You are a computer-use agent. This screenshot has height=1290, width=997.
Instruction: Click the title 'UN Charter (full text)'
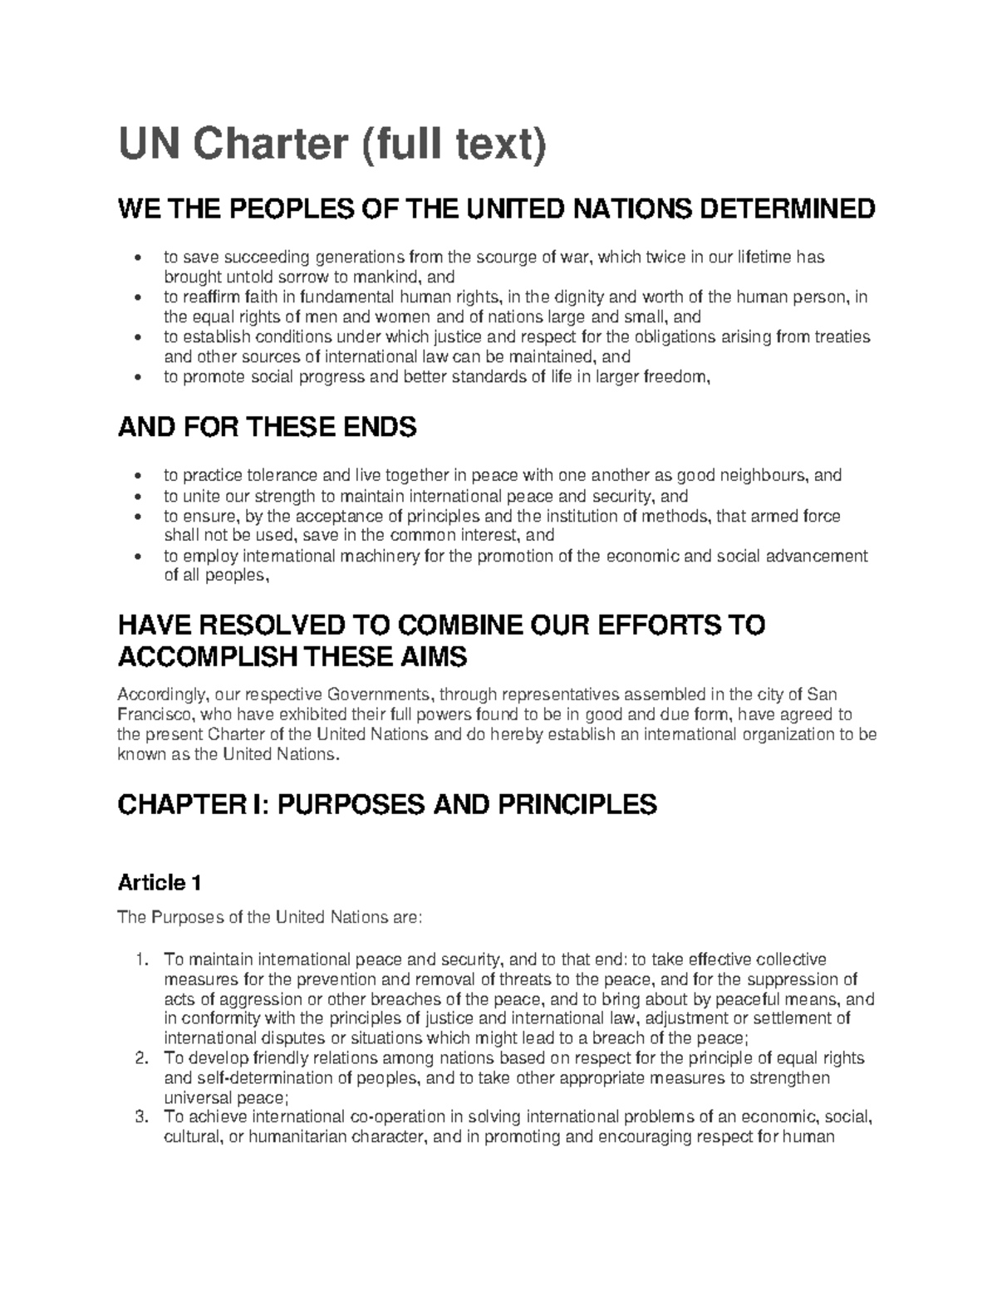(332, 147)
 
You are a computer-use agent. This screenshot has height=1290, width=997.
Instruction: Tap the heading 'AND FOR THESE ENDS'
(267, 428)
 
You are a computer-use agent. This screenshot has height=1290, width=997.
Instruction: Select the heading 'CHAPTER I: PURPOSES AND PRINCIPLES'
(387, 804)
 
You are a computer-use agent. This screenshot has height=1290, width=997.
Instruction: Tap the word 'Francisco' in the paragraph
(155, 714)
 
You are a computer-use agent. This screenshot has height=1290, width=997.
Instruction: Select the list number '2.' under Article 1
(141, 1058)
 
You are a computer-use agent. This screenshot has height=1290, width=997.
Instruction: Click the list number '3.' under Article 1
(141, 1117)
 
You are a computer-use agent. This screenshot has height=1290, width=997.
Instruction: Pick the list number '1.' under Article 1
(141, 960)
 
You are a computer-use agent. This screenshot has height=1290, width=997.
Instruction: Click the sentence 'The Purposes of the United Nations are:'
(271, 918)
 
